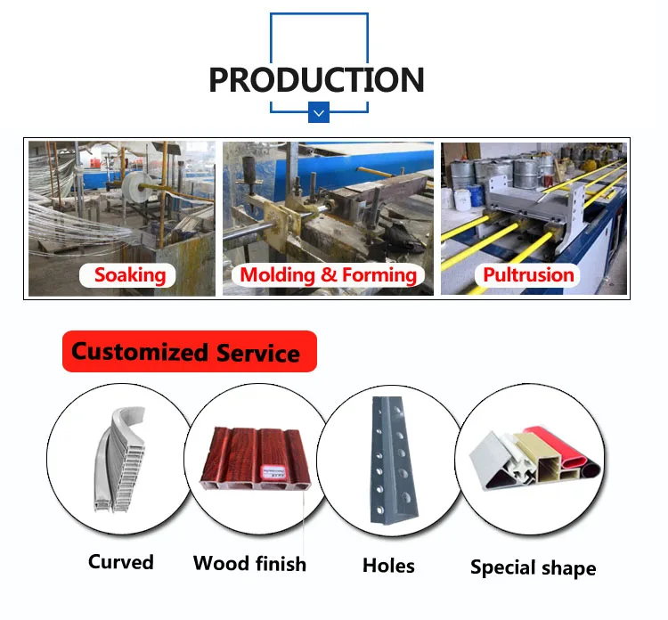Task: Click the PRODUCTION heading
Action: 316,79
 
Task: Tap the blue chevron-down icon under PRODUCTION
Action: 319,112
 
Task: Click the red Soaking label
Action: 130,275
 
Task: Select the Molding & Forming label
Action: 328,275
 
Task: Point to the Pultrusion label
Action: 528,275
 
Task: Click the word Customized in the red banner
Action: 140,352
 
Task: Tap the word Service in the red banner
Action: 258,354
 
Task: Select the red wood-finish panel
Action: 256,458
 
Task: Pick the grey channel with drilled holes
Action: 394,461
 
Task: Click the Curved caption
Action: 121,562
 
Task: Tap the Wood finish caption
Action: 249,563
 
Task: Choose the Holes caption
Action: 388,566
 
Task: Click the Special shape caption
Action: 533,567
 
